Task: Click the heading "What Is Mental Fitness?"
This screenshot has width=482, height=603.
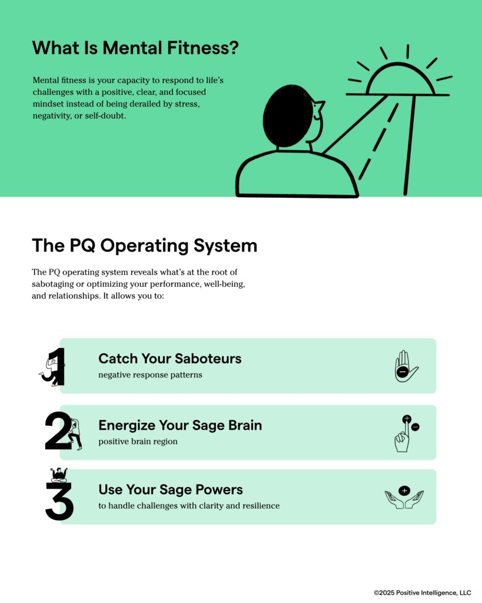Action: point(135,48)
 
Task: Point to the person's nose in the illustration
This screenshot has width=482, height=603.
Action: point(320,105)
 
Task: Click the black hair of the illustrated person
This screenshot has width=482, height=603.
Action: point(288,116)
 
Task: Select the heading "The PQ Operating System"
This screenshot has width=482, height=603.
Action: point(145,246)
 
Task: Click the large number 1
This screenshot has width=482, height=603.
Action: point(57,366)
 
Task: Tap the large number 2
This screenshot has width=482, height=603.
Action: point(58,430)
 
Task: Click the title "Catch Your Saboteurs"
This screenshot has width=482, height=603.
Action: point(170,359)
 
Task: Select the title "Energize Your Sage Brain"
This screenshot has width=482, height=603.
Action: point(180,425)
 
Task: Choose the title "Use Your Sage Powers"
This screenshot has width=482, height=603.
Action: point(171,489)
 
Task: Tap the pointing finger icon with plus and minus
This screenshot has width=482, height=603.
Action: point(406,433)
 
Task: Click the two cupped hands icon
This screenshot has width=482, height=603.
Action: point(404,497)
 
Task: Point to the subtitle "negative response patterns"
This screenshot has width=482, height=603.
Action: point(150,375)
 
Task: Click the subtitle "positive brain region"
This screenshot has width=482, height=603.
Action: point(138,442)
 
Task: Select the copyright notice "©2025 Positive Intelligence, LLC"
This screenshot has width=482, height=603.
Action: point(423,592)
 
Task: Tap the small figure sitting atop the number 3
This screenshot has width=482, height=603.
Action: point(59,475)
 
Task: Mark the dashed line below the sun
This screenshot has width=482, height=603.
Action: point(378,141)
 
